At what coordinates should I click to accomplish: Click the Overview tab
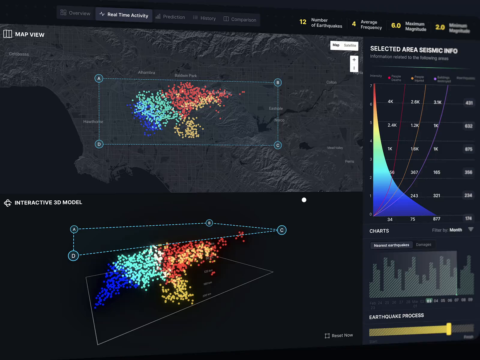(75, 13)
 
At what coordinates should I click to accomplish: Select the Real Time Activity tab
(124, 15)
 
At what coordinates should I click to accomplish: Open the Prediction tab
(170, 17)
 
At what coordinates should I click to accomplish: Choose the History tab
(204, 18)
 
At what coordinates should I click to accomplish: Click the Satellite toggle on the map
(350, 46)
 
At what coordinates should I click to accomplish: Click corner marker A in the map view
(99, 78)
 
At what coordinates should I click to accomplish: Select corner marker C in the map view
(278, 145)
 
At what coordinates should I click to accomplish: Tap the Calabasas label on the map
(19, 54)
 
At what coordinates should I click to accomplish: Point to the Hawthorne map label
(93, 122)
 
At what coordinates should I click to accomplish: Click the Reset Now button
(339, 335)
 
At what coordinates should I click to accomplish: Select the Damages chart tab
(424, 245)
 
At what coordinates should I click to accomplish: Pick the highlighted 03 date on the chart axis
(429, 300)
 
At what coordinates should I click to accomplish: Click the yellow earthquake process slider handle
(449, 329)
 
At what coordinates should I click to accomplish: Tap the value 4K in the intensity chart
(390, 102)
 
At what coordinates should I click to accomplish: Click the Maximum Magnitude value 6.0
(396, 26)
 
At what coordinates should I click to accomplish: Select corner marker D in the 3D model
(73, 256)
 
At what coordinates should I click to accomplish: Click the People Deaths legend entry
(395, 78)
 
